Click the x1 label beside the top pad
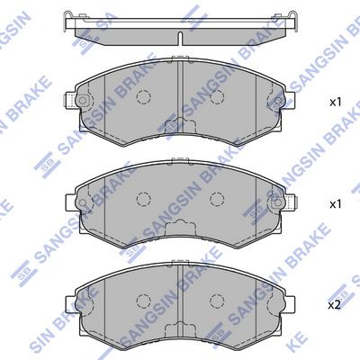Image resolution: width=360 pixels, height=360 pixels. (x=335, y=102)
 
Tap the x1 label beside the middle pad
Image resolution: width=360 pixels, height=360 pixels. (x=335, y=204)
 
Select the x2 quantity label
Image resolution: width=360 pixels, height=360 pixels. (x=335, y=305)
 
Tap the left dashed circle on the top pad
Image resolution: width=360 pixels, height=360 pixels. (x=143, y=96)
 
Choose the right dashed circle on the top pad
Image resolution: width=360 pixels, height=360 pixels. (x=217, y=96)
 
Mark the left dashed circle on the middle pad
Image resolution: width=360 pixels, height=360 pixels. (x=143, y=199)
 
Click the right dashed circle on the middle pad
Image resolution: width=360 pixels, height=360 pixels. (x=217, y=199)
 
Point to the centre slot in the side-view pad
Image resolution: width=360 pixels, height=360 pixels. (x=180, y=38)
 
